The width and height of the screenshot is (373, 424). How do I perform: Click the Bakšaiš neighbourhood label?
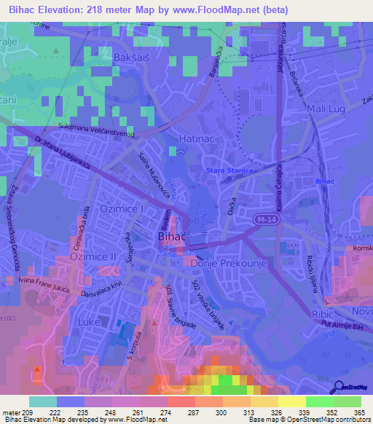click(x=133, y=56)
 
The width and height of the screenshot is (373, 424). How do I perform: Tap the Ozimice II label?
click(x=93, y=257)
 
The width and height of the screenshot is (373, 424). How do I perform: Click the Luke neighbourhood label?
click(x=90, y=320)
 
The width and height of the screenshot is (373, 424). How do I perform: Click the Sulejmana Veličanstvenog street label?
click(x=74, y=130)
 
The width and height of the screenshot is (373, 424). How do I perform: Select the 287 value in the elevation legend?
click(x=195, y=412)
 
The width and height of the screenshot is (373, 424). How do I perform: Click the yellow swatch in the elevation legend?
click(x=291, y=401)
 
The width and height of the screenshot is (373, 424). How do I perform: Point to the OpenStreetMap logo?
click(x=351, y=386)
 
